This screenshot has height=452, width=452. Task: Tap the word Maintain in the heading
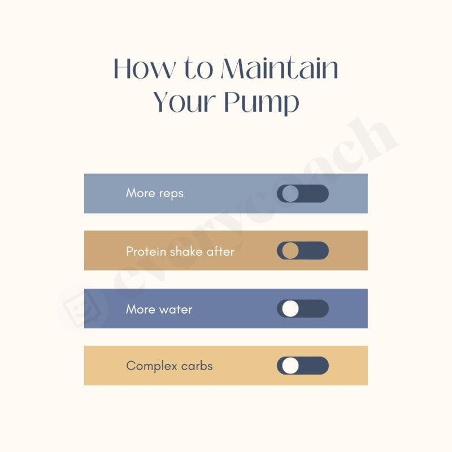279,69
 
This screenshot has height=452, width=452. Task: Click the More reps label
154,193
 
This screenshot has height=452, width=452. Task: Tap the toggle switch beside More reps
302,193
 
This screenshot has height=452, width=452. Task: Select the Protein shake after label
180,251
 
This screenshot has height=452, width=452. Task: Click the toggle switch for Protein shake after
302,251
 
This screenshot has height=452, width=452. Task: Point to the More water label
159,310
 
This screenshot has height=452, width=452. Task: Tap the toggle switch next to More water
302,308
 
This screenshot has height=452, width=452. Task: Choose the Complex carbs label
169,366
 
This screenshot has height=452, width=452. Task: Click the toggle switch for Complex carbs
302,366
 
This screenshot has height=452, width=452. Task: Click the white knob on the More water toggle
290,308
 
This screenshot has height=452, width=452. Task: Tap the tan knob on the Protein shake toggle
290,251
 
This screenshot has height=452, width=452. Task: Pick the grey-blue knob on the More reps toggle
290,193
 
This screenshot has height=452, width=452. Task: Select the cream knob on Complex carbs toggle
290,366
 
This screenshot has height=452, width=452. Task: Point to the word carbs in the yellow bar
197,366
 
